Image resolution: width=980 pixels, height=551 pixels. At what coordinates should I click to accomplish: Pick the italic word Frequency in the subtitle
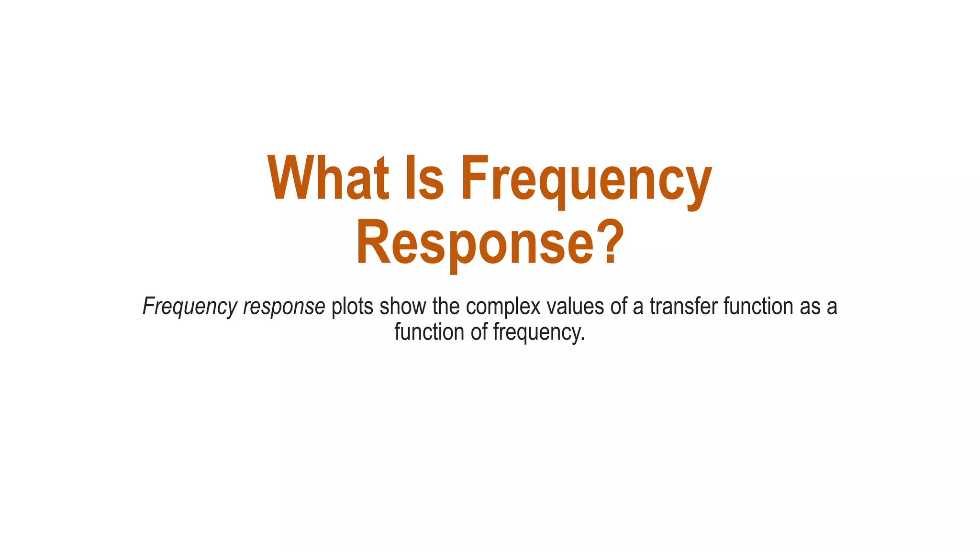pyautogui.click(x=190, y=307)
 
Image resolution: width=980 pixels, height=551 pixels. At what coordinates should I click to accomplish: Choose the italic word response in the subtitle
pyautogui.click(x=284, y=307)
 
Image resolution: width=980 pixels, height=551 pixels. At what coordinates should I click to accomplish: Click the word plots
pyautogui.click(x=352, y=307)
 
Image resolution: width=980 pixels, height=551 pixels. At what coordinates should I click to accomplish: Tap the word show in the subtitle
pyautogui.click(x=402, y=307)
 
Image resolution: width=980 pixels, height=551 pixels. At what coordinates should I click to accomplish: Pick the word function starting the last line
pyautogui.click(x=429, y=332)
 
